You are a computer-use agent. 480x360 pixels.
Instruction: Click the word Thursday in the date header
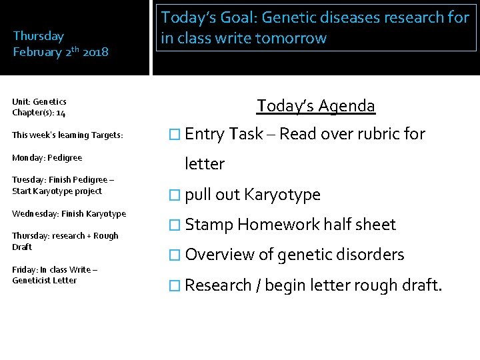pyautogui.click(x=39, y=36)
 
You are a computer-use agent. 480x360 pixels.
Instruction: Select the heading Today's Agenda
pyautogui.click(x=316, y=105)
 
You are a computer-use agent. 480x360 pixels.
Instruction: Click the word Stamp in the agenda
pyautogui.click(x=209, y=225)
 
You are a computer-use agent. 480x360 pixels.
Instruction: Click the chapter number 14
pyautogui.click(x=61, y=113)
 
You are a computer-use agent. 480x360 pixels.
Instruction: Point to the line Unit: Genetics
pyautogui.click(x=39, y=101)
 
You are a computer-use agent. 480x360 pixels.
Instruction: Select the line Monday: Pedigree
pyautogui.click(x=47, y=157)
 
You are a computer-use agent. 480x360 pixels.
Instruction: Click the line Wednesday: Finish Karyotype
pyautogui.click(x=69, y=213)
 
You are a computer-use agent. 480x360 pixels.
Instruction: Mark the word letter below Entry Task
pyautogui.click(x=205, y=164)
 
